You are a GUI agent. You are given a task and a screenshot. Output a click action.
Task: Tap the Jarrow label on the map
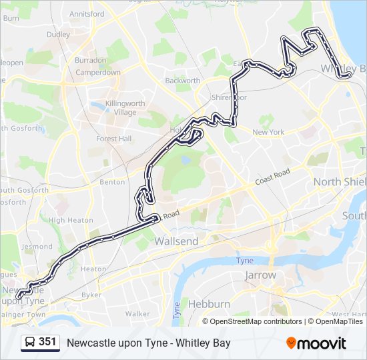pyautogui.click(x=260, y=275)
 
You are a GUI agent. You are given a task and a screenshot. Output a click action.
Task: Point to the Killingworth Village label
pyautogui.click(x=120, y=108)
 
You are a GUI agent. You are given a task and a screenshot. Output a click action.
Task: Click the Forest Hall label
pyautogui.click(x=114, y=139)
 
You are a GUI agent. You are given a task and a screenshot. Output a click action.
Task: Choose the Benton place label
pyautogui.click(x=112, y=181)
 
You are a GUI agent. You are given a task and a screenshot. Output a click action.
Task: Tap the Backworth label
pyautogui.click(x=182, y=81)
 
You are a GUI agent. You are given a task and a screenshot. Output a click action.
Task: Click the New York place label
pyautogui.click(x=268, y=132)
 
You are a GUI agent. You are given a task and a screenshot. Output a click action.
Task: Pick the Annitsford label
pyautogui.click(x=87, y=13)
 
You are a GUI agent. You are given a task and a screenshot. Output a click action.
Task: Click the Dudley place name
pyautogui.click(x=58, y=34)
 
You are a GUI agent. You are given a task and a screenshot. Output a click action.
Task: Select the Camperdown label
pyautogui.click(x=97, y=72)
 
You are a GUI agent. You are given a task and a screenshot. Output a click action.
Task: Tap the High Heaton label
pyautogui.click(x=71, y=220)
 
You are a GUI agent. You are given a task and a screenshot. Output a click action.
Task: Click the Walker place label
pyautogui.click(x=137, y=313)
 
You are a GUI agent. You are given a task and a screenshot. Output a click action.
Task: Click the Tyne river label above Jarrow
pyautogui.click(x=245, y=260)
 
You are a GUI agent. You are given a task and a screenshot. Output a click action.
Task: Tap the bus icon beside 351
pyautogui.click(x=30, y=343)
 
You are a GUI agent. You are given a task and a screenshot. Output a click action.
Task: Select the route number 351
pyautogui.click(x=47, y=342)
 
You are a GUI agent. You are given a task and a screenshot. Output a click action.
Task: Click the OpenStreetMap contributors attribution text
pyautogui.click(x=256, y=321)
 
